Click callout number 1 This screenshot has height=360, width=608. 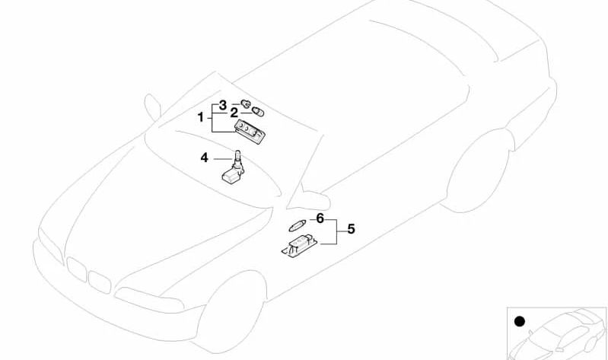200,116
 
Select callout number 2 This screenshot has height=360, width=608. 234,113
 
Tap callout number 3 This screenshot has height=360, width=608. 222,105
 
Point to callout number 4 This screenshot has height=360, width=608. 205,158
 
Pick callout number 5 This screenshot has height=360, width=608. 351,229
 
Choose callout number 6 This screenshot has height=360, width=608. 320,218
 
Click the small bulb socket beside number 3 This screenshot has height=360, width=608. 245,104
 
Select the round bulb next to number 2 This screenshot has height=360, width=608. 259,112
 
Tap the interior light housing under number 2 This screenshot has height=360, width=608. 250,131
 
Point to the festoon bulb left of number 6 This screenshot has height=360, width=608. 298,225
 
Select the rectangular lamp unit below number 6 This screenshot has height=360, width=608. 299,246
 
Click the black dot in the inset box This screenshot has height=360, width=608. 519,322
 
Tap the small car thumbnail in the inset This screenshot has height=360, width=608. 558,334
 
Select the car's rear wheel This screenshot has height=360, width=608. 479,170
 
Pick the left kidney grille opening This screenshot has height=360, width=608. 76,269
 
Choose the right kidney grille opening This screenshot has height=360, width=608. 100,282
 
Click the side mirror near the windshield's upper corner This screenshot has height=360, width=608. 152,107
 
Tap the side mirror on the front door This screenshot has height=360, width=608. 315,199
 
